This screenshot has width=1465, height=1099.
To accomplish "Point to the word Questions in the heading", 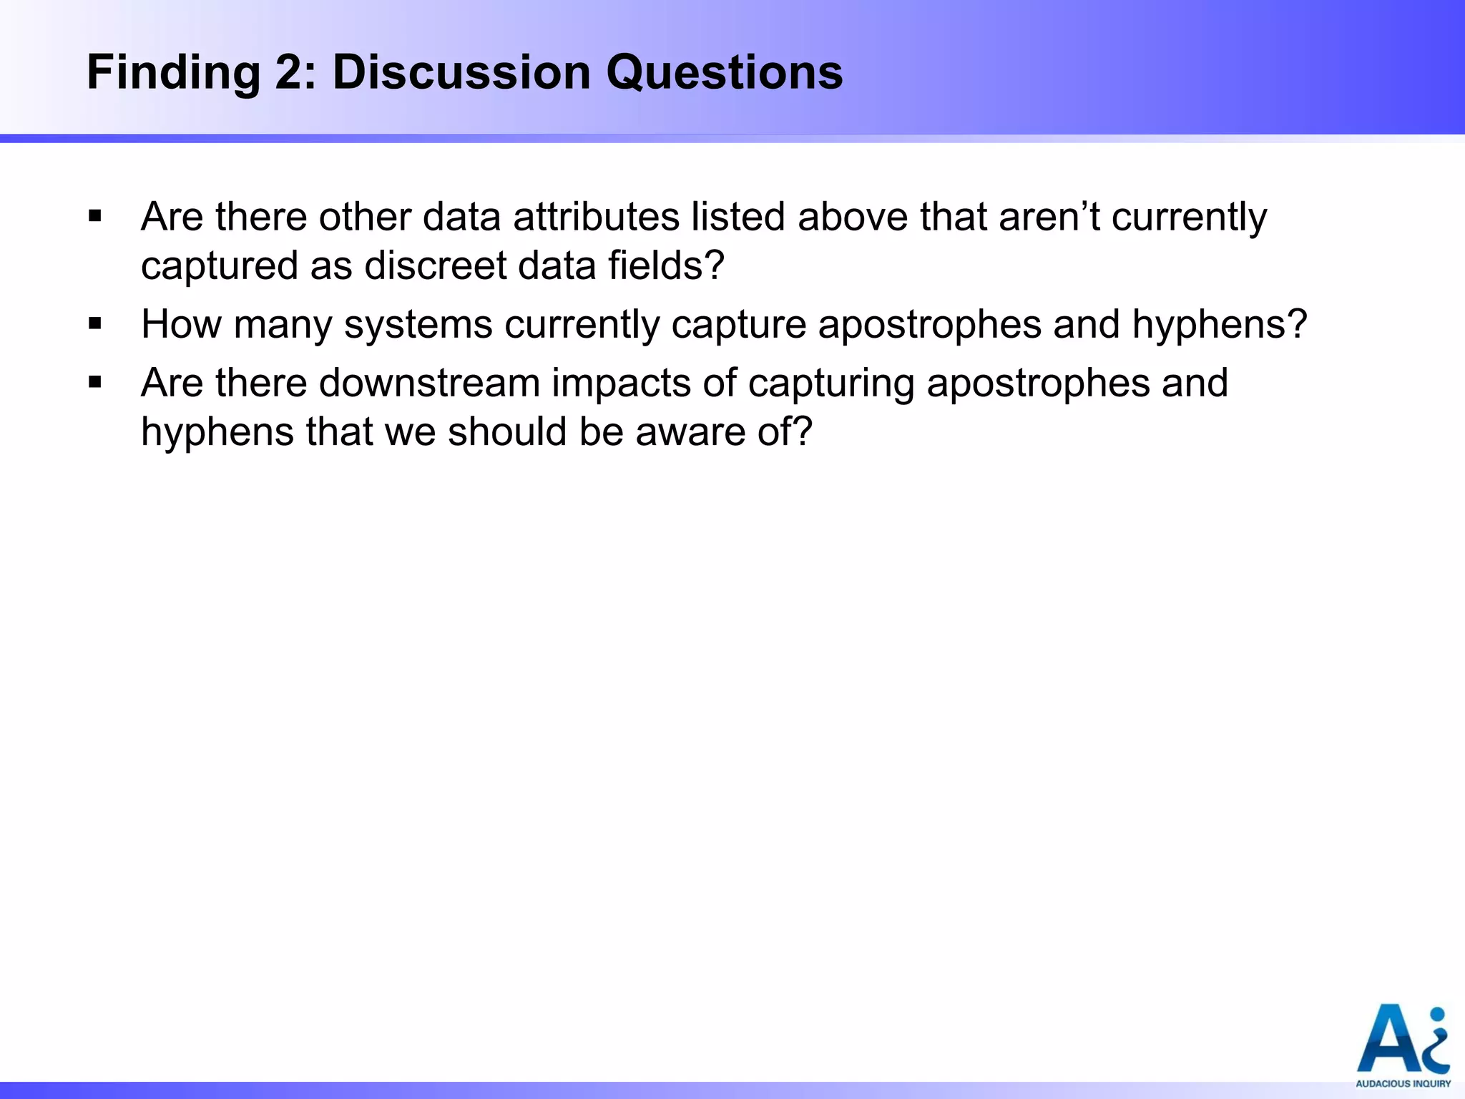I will pos(725,73).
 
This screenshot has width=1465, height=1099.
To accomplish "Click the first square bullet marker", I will pos(95,216).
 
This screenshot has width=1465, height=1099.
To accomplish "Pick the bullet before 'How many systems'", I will pos(95,324).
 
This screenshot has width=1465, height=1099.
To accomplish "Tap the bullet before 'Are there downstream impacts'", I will pos(95,383).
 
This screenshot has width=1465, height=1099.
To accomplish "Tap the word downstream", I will pos(429,384).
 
